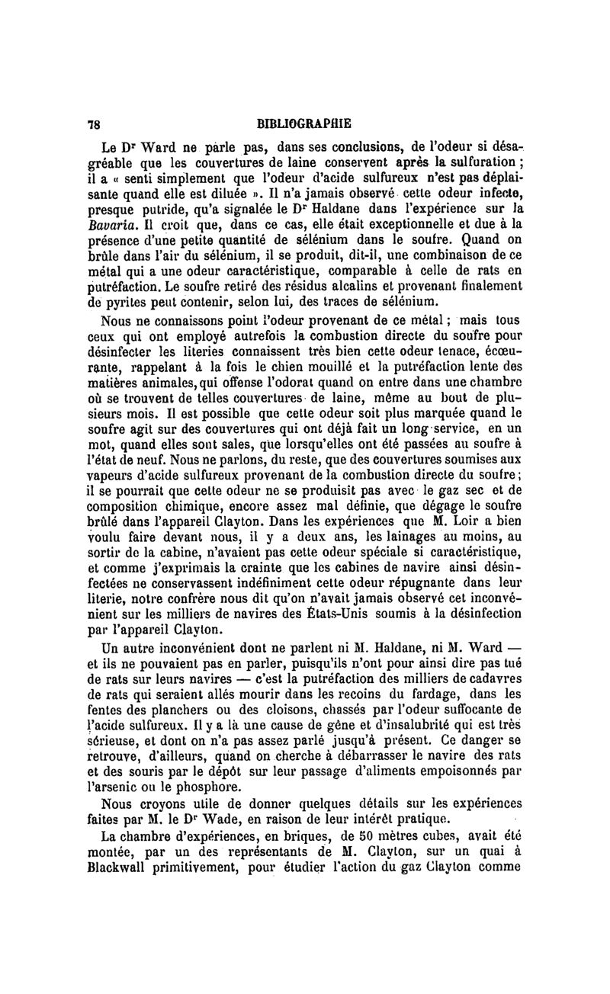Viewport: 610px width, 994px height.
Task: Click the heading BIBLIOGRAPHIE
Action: [x=304, y=123]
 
